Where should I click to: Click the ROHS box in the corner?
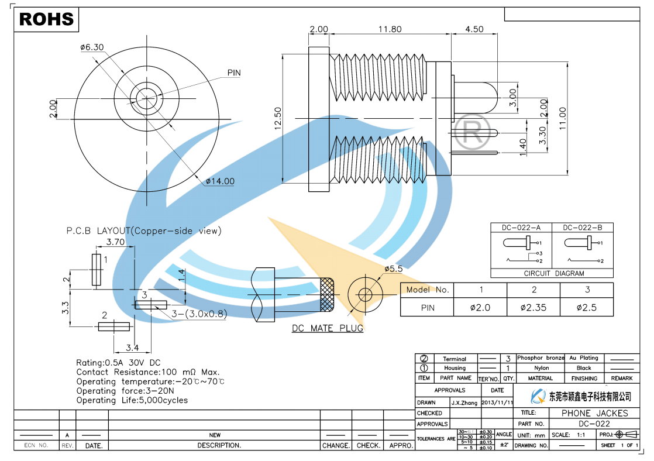click(x=47, y=19)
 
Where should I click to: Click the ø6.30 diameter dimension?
click(x=92, y=47)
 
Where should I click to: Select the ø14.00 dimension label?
click(x=220, y=181)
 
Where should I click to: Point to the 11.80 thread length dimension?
click(x=390, y=29)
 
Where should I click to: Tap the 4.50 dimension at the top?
click(x=474, y=29)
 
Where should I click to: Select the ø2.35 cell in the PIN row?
click(x=533, y=307)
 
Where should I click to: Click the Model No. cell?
click(x=427, y=290)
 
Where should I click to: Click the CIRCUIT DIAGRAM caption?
click(x=553, y=273)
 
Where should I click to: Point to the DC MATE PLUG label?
click(x=328, y=328)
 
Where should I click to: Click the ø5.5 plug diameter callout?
click(x=393, y=269)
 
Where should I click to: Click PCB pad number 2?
click(x=114, y=326)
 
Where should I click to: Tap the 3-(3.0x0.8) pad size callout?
click(x=199, y=314)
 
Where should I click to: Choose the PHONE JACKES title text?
click(x=594, y=413)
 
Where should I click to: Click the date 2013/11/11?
click(x=497, y=402)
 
